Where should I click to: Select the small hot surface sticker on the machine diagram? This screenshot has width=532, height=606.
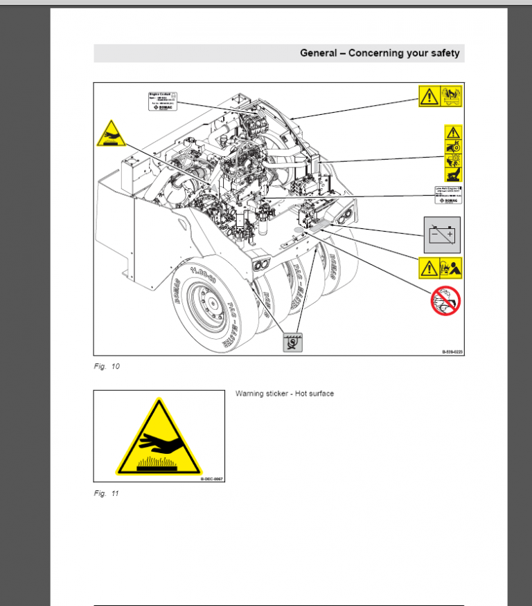pos(111,133)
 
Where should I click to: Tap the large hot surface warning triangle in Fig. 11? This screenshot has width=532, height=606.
pos(159,438)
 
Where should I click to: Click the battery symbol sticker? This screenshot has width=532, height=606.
pos(441,235)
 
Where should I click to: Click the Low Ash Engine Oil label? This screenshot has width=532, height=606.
pos(443,194)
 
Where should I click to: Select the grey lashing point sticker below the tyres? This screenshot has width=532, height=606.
pos(293,341)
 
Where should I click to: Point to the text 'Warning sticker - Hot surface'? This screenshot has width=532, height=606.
pos(284,394)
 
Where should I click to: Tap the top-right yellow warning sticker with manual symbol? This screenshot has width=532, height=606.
pos(441,96)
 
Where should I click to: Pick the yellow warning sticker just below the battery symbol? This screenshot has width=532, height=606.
pos(441,267)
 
